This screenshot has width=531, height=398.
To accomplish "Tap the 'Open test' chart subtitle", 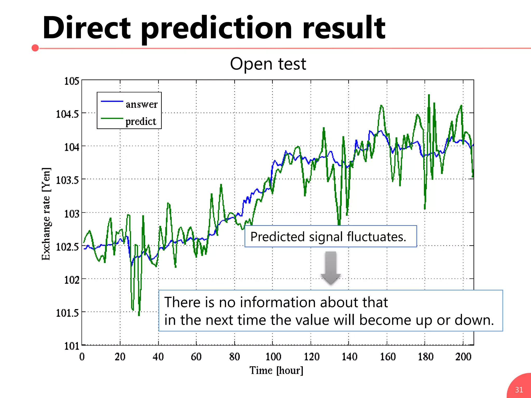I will [x=268, y=64].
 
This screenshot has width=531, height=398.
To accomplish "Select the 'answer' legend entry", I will [x=141, y=104].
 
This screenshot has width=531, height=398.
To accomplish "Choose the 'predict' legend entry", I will [x=141, y=121].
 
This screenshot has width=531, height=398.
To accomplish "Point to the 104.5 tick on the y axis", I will [x=67, y=114].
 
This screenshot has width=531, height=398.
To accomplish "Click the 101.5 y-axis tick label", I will [x=67, y=313].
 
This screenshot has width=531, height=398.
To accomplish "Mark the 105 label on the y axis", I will [x=72, y=81].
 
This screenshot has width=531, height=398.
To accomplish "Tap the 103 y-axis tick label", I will [x=72, y=214].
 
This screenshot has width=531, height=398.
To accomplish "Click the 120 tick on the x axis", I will [x=311, y=357].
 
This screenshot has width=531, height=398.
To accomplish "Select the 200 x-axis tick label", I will [x=463, y=357].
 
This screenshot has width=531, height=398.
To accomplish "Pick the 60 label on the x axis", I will [x=196, y=357].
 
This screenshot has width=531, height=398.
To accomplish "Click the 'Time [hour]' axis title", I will [x=276, y=370].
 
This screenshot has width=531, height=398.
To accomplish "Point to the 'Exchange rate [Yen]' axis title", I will [x=46, y=214].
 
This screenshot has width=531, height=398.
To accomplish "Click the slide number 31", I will [x=519, y=389].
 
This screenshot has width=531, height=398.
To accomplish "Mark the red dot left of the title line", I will [x=35, y=48].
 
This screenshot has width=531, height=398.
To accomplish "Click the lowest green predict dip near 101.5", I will [x=139, y=315].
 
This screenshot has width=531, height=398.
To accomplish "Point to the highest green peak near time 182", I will [x=429, y=96].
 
